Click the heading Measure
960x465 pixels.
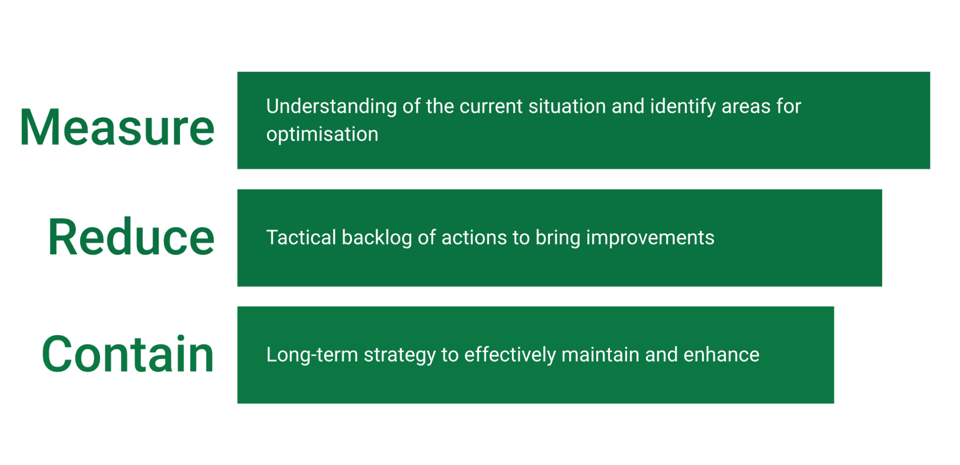[117, 127]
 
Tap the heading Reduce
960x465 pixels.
[131, 237]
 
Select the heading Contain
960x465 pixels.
[128, 354]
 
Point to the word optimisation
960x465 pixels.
[322, 134]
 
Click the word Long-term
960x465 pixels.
[312, 355]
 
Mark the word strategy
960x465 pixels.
[400, 355]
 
